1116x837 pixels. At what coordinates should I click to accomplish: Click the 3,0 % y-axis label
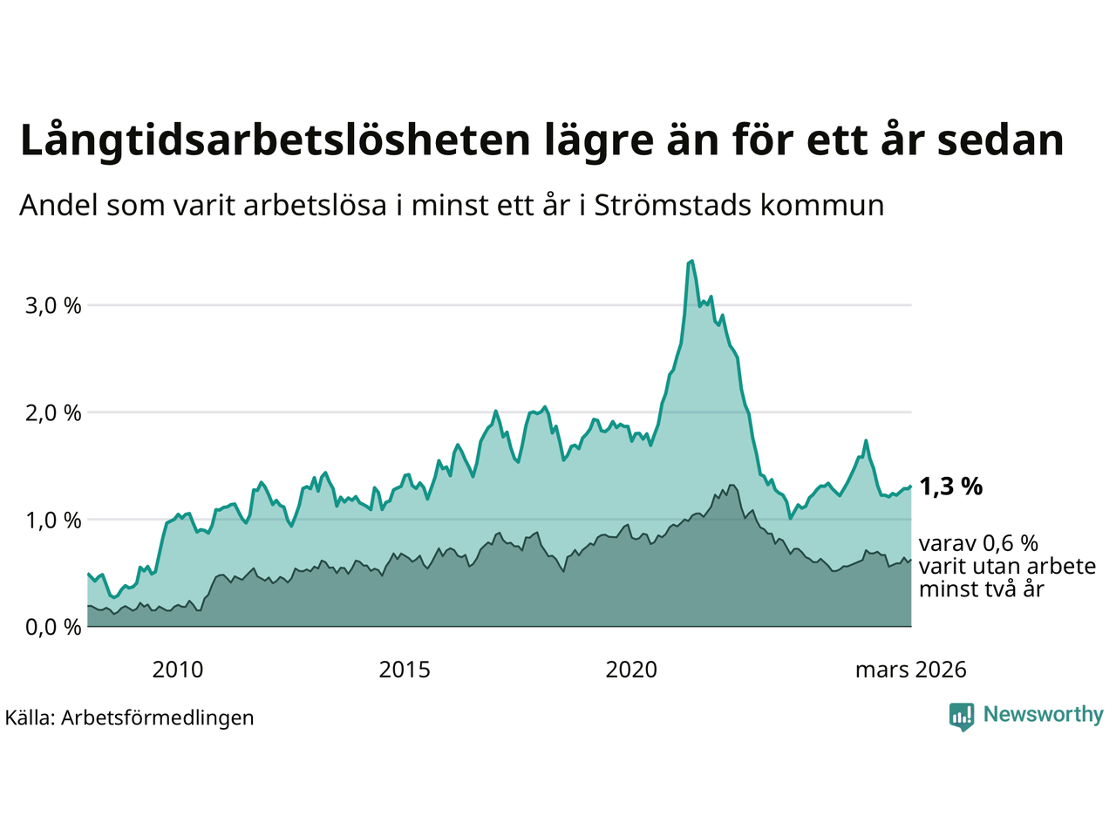pyautogui.click(x=54, y=306)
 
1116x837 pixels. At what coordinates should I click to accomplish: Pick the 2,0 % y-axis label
pyautogui.click(x=54, y=413)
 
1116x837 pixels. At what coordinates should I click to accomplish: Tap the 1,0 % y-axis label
pyautogui.click(x=54, y=521)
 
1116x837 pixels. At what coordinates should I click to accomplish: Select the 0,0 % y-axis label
pyautogui.click(x=54, y=627)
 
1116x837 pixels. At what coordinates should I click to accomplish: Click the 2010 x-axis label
pyautogui.click(x=177, y=670)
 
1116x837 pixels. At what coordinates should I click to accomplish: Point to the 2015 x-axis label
pyautogui.click(x=405, y=670)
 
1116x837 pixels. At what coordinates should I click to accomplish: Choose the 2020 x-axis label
pyautogui.click(x=631, y=670)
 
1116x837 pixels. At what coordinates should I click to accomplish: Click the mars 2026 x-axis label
pyautogui.click(x=910, y=670)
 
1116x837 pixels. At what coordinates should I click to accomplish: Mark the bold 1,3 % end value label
pyautogui.click(x=950, y=487)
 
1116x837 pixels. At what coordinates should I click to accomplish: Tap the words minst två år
pyautogui.click(x=981, y=589)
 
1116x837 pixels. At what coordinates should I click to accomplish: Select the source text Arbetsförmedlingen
pyautogui.click(x=157, y=718)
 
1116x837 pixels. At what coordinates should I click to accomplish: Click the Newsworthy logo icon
pyautogui.click(x=961, y=716)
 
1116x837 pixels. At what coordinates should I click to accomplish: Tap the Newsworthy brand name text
pyautogui.click(x=1043, y=715)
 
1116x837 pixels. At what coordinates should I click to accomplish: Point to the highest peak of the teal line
pyautogui.click(x=691, y=261)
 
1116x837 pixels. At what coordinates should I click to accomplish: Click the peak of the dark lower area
pyautogui.click(x=732, y=486)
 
